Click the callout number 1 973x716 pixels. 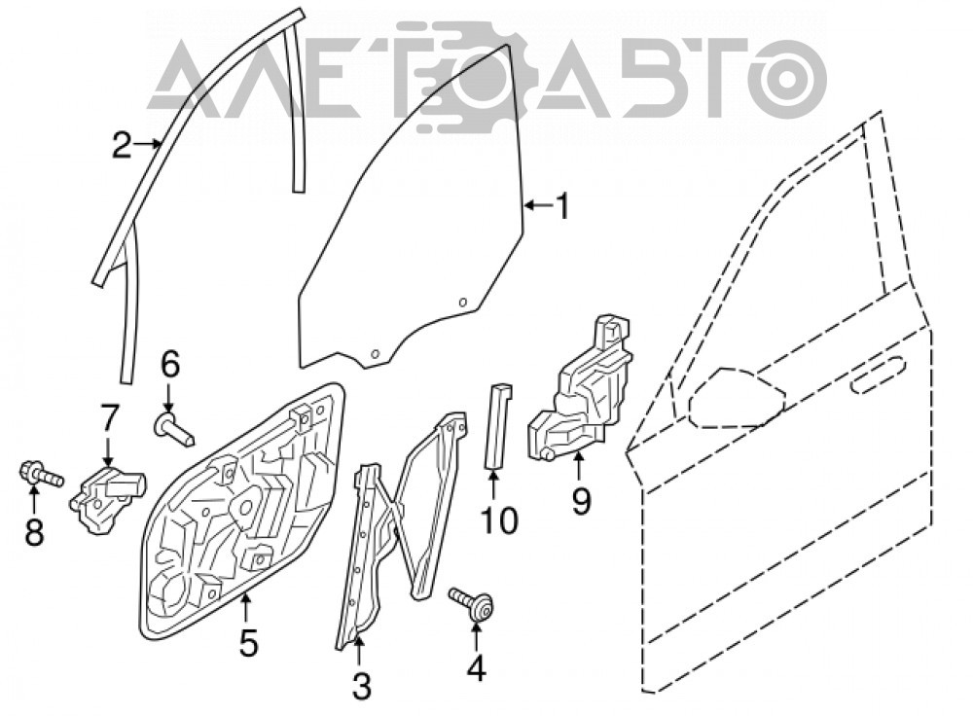(x=562, y=206)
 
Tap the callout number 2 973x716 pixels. (x=123, y=145)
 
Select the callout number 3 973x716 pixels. (x=361, y=687)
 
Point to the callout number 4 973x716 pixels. (x=476, y=668)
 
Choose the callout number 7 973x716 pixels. (x=108, y=419)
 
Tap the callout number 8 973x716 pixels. (x=34, y=532)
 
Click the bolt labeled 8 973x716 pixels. (x=42, y=474)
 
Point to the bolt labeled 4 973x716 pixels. (x=472, y=602)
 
